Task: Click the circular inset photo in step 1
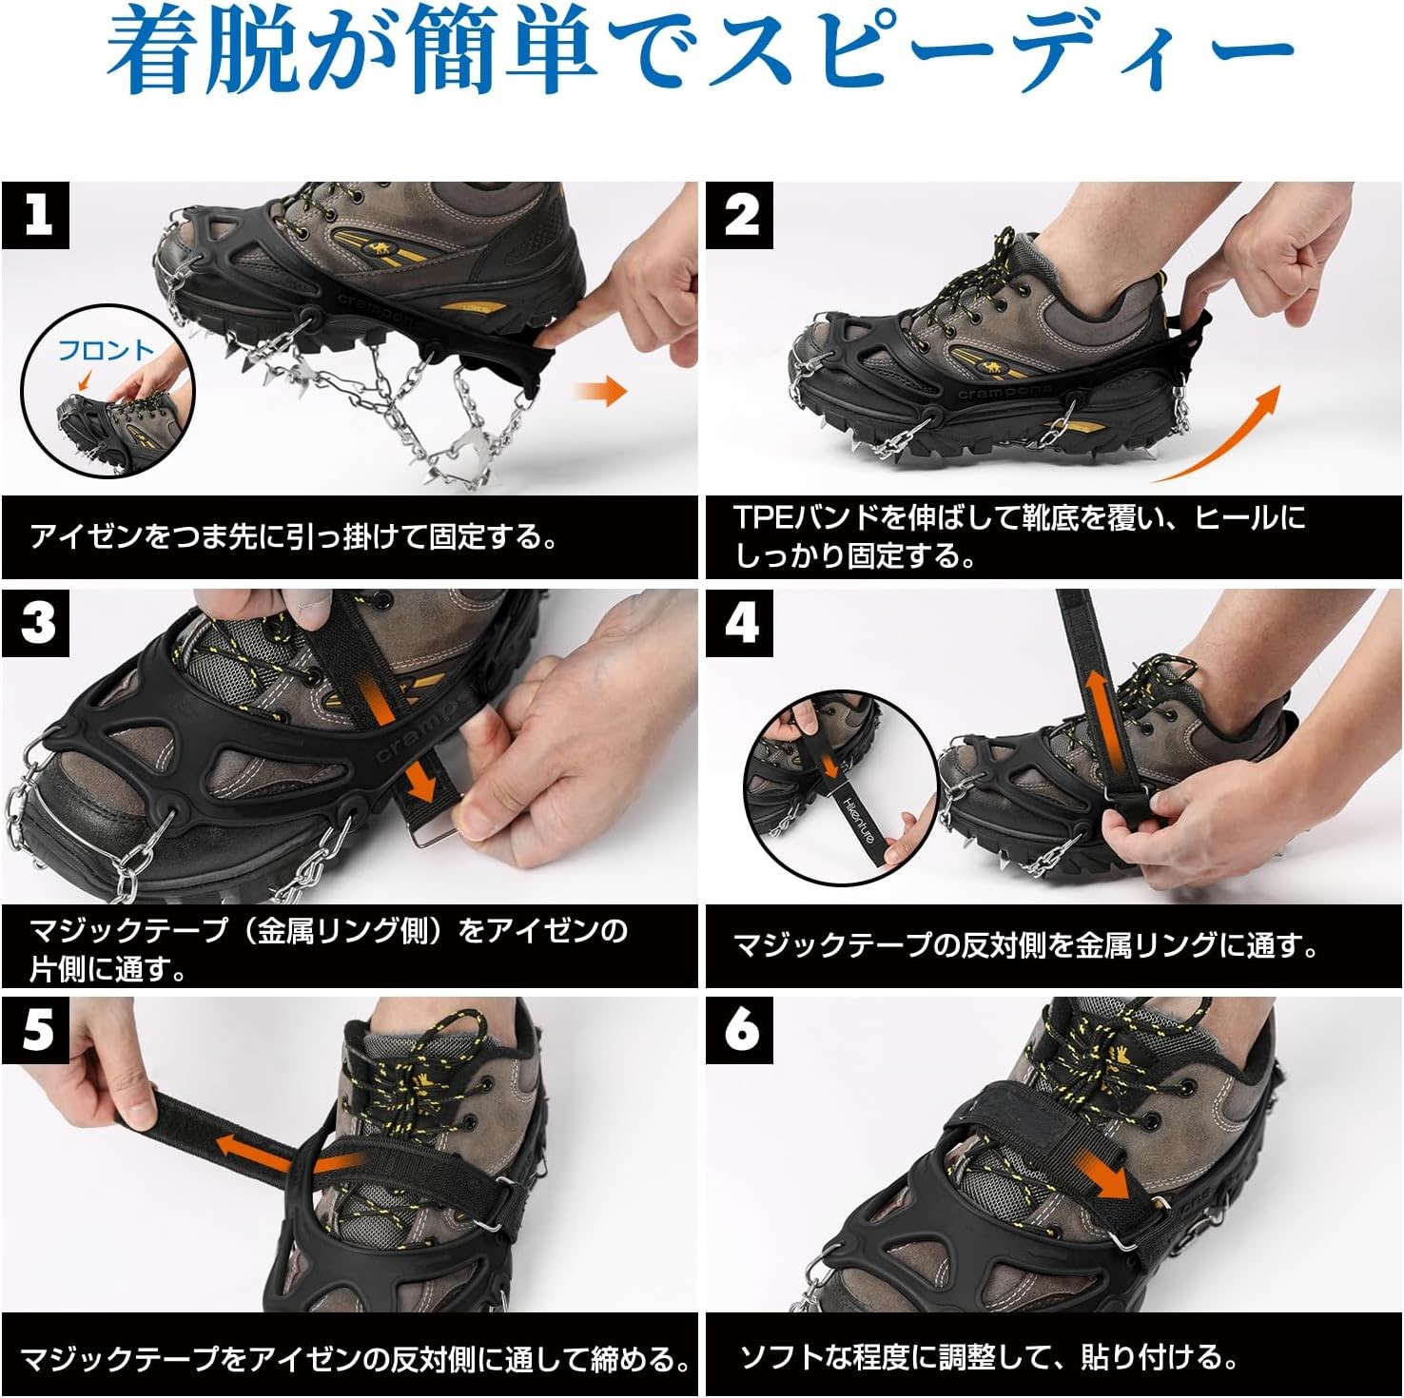click(107, 391)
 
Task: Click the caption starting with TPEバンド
click(1020, 536)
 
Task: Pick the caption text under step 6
click(989, 1356)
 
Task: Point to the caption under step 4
click(1025, 944)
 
